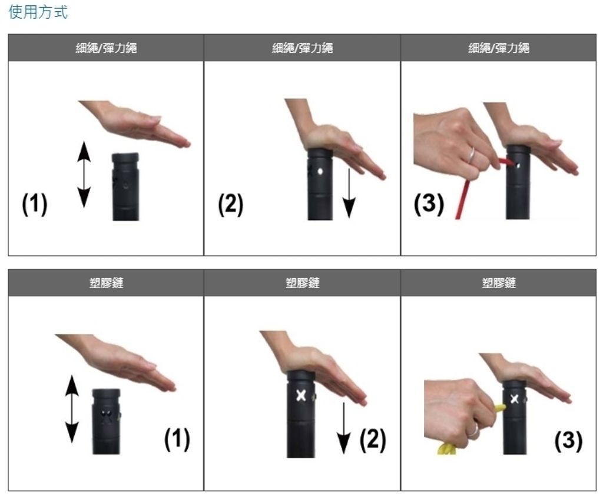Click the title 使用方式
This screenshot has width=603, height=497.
click(38, 12)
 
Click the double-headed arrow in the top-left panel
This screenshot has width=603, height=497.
click(84, 174)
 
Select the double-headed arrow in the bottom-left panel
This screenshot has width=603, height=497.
click(72, 409)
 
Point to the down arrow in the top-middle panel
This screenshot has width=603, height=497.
click(349, 193)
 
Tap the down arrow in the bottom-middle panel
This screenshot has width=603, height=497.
click(343, 428)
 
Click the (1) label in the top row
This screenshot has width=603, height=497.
click(35, 204)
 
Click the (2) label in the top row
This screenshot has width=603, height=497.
click(230, 204)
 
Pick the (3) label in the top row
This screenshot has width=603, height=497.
click(429, 204)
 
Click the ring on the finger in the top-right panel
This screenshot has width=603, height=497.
click(471, 155)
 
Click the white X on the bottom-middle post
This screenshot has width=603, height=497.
click(301, 396)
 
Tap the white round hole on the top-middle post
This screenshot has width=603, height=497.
click(320, 171)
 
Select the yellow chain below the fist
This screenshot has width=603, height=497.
click(446, 449)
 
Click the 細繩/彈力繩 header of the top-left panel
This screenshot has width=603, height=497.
click(106, 48)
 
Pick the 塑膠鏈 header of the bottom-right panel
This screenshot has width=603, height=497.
click(499, 283)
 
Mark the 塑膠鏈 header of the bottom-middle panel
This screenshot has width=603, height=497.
click(302, 283)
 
